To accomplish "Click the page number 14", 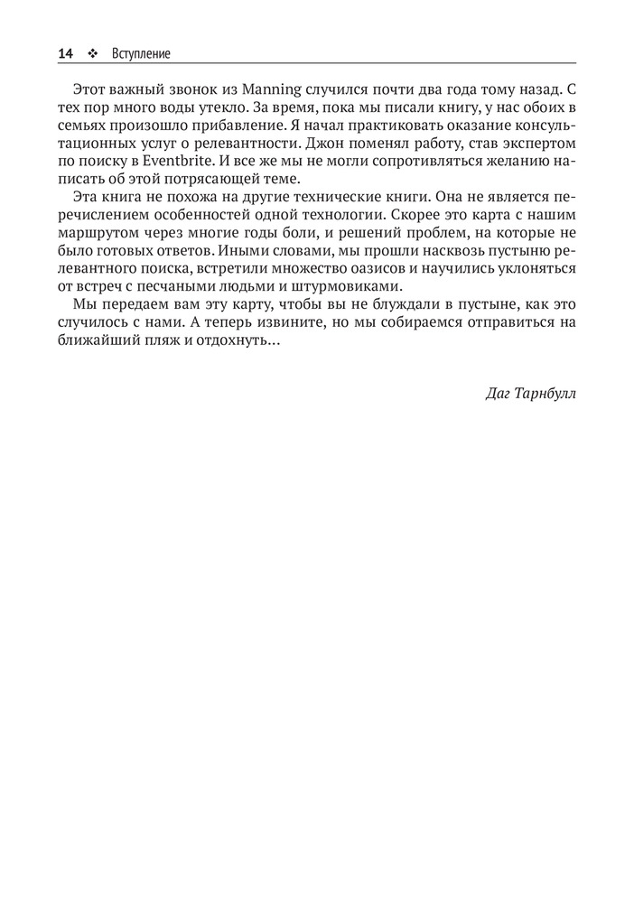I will [65, 54].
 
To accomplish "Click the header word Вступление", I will [141, 54].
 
